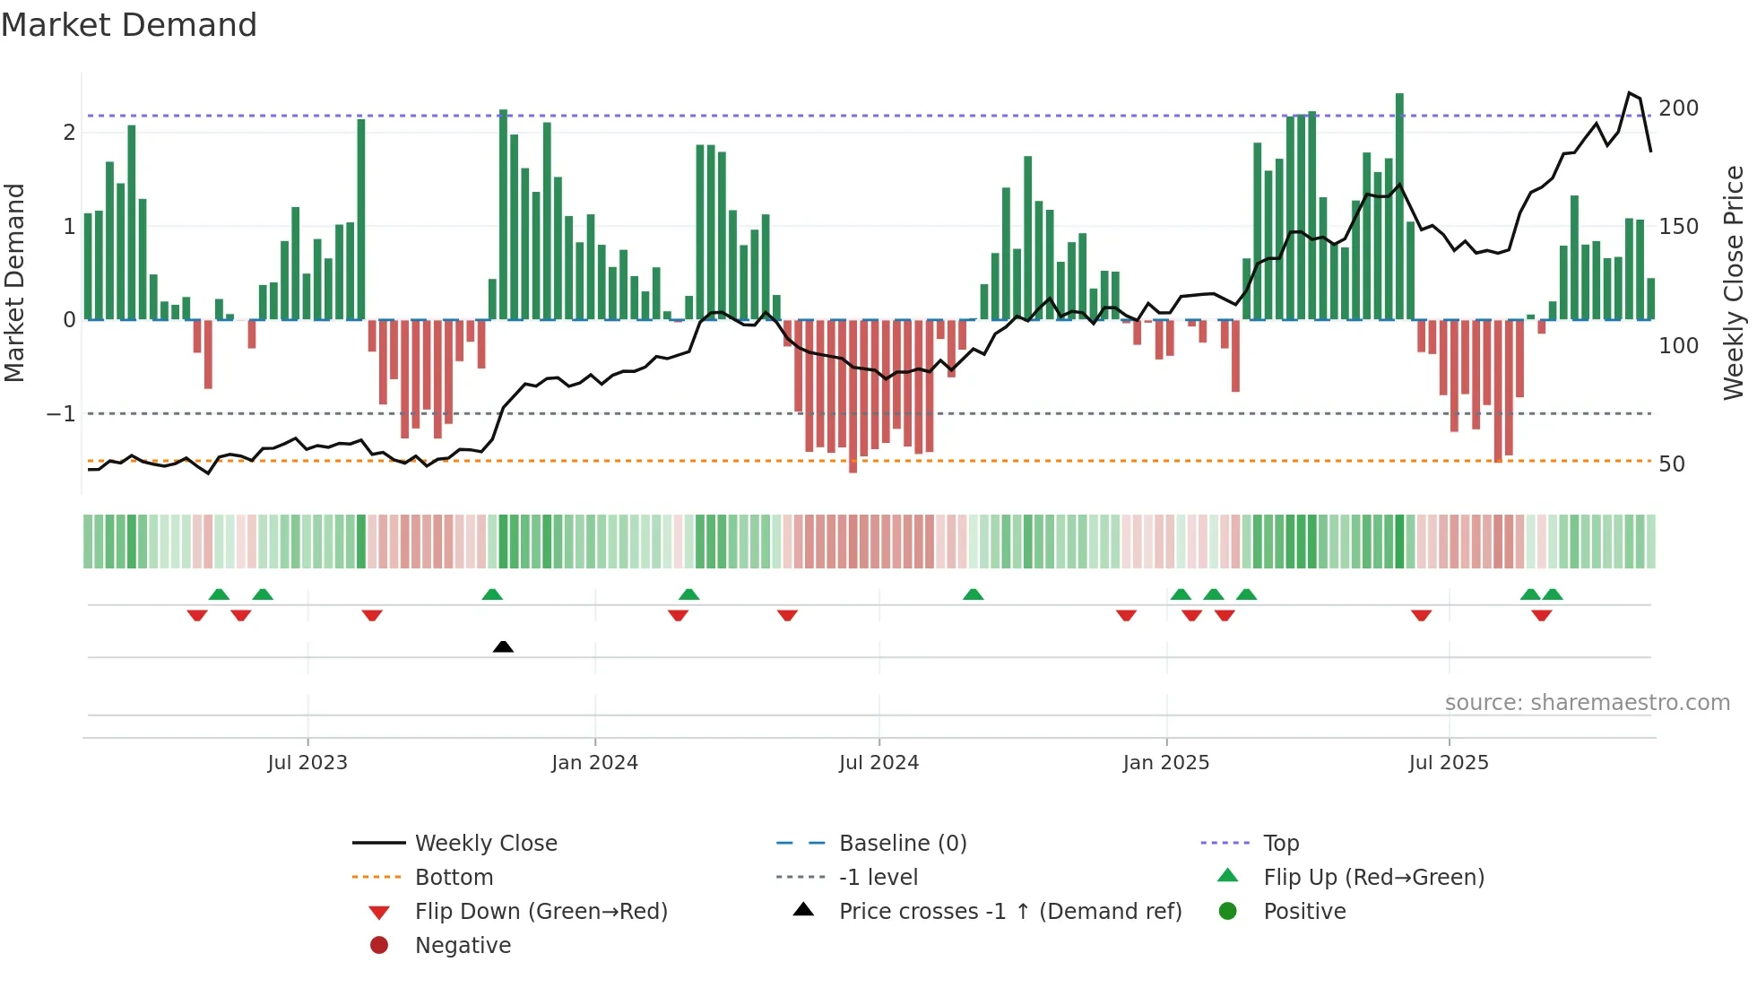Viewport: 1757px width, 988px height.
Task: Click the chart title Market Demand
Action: [x=129, y=25]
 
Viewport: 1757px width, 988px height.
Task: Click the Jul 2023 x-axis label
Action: [x=307, y=763]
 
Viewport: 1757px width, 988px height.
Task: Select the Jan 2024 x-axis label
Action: [x=594, y=763]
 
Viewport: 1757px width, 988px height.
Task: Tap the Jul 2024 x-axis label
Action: [x=878, y=763]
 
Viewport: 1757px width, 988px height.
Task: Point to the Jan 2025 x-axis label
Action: [x=1165, y=763]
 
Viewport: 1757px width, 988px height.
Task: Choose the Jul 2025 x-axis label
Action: [x=1449, y=763]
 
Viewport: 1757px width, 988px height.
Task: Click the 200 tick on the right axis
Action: [x=1678, y=108]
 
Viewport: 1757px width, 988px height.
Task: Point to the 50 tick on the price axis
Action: [x=1671, y=464]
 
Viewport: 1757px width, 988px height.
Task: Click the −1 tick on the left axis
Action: [x=61, y=414]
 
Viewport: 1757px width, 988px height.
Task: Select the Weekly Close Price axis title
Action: [x=1734, y=282]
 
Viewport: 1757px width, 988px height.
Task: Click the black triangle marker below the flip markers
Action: [x=503, y=646]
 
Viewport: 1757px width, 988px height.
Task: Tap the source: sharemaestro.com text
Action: [x=1587, y=703]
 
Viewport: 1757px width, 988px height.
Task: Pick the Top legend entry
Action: [x=1280, y=844]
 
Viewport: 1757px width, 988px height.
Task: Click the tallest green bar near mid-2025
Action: [x=1399, y=206]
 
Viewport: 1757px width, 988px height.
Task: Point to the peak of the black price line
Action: [x=1630, y=92]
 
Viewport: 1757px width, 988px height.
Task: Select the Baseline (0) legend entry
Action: [x=902, y=844]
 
